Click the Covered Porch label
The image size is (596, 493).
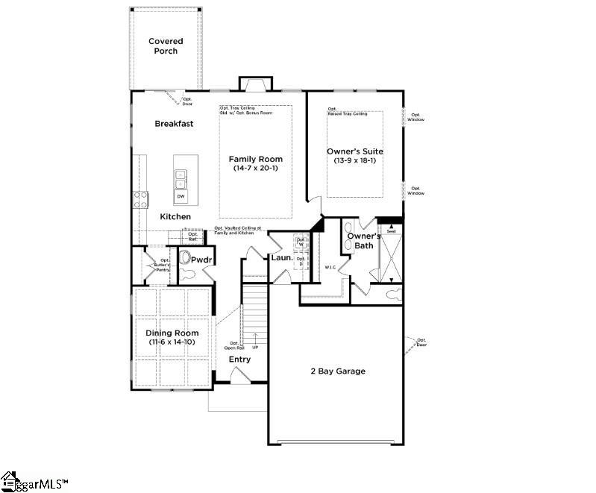166,46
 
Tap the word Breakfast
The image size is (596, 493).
174,124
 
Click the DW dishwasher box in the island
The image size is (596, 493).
181,196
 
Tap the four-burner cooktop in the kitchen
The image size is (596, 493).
140,198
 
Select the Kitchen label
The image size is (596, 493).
175,217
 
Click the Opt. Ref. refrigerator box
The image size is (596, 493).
193,236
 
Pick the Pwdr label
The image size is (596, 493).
201,260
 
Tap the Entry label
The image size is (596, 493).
239,359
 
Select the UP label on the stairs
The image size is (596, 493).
255,348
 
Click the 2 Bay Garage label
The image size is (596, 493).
338,371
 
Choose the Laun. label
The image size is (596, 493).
280,257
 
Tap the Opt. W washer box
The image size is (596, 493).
301,242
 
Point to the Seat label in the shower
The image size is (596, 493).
390,231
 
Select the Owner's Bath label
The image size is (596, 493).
363,241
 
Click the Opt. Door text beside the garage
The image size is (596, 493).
421,342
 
